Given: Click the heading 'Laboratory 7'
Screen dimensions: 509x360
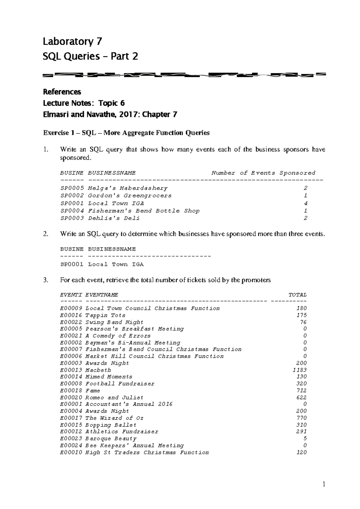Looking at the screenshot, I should point(72,41).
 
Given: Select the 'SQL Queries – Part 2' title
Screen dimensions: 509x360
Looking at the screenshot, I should point(90,56).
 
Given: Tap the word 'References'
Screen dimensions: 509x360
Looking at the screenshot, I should point(62,92).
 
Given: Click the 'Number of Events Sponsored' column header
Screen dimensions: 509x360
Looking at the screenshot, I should point(263,173).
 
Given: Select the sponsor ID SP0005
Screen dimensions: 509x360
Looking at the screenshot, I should point(72,188).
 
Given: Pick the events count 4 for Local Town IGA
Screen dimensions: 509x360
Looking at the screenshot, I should point(305,203).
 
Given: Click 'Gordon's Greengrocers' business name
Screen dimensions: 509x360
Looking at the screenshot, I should point(130,196).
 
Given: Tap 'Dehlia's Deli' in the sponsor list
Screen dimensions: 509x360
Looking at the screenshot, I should point(114,218).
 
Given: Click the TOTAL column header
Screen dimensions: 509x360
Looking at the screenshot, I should point(297,295).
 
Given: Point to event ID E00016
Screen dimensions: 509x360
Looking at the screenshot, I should point(71,315).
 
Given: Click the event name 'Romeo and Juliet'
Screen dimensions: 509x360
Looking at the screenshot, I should point(114,397).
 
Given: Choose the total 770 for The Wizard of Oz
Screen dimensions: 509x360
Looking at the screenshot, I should point(301,418).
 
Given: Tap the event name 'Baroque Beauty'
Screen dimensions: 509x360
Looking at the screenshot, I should point(111,438).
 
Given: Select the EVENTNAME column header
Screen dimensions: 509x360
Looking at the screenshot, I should point(102,295).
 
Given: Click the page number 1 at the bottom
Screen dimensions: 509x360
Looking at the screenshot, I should point(324,484).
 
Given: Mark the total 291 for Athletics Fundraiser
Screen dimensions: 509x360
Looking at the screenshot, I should point(301,432).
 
